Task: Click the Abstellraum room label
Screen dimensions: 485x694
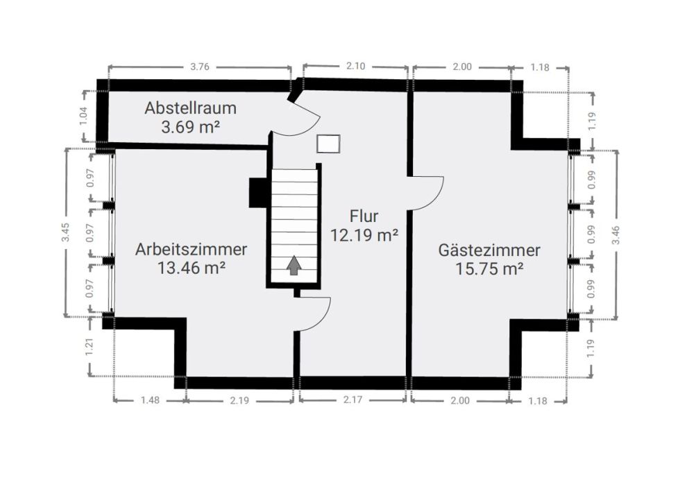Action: click(190, 108)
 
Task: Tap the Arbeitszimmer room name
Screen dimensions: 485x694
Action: click(192, 249)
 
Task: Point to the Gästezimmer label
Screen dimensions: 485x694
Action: click(489, 250)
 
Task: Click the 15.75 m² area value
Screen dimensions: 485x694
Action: click(489, 269)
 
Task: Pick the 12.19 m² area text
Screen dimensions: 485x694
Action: click(364, 235)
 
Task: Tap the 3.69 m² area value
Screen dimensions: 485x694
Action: click(190, 127)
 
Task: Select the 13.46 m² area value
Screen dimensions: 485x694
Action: click(192, 268)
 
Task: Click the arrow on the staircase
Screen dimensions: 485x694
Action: click(294, 265)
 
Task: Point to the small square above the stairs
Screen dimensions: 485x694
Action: click(328, 144)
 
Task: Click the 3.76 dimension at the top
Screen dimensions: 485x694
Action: click(201, 67)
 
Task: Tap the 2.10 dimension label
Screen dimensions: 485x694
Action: click(355, 67)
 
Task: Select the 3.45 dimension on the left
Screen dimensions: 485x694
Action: click(66, 233)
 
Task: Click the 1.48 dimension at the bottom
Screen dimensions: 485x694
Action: click(150, 400)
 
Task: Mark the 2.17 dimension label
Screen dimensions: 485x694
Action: click(353, 400)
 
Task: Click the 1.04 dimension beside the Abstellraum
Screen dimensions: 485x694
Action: click(84, 116)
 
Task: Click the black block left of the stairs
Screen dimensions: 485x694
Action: click(258, 192)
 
